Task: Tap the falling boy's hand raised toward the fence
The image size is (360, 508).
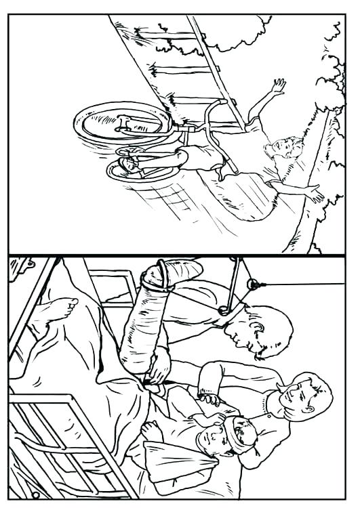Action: click(x=277, y=86)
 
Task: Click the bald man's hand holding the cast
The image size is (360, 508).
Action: click(x=159, y=366)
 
